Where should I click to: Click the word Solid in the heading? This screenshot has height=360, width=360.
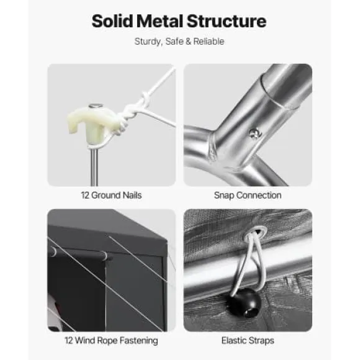(112, 21)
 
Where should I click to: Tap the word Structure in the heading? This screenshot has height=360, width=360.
(227, 21)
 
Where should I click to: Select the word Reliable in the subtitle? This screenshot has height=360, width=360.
(209, 42)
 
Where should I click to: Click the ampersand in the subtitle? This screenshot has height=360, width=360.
(188, 42)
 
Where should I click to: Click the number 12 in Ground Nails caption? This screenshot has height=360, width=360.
(85, 196)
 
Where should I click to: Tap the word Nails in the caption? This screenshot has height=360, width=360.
(132, 196)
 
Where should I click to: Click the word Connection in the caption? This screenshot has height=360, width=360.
(259, 196)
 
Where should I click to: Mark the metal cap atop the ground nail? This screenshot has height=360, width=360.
(96, 106)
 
